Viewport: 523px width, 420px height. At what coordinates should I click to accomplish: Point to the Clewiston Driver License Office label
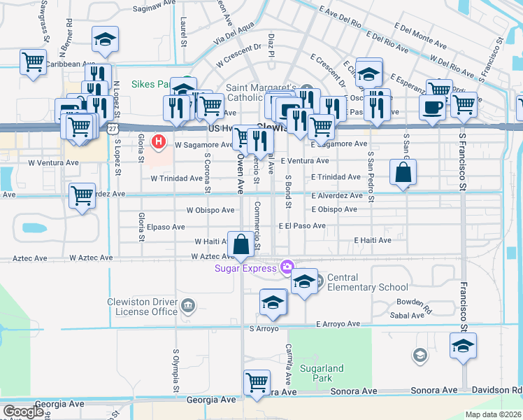click(143, 307)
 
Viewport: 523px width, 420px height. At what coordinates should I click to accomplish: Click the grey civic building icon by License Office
click(187, 305)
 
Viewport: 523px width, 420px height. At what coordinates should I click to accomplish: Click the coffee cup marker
click(431, 107)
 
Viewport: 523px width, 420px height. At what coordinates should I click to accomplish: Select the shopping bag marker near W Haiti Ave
click(241, 244)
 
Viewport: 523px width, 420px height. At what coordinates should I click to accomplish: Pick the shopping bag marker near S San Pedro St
click(403, 171)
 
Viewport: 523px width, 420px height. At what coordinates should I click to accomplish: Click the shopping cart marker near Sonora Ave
click(257, 382)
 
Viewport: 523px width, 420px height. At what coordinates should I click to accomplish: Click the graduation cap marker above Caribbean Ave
click(105, 38)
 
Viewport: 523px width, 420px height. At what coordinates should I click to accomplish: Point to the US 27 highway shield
click(113, 128)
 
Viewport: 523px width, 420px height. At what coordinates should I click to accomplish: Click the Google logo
click(24, 412)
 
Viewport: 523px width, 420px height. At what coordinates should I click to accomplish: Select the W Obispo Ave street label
click(210, 210)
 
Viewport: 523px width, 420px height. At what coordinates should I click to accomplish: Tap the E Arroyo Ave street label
click(338, 324)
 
